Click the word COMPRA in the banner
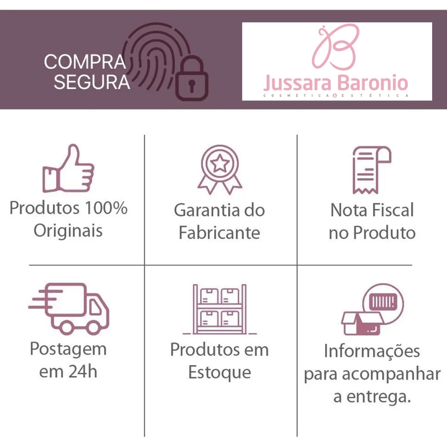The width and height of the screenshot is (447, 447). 85,62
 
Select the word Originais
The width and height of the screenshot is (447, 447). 68,230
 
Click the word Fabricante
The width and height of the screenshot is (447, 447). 219,233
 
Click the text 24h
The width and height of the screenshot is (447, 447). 83,372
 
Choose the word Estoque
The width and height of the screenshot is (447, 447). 219,372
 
